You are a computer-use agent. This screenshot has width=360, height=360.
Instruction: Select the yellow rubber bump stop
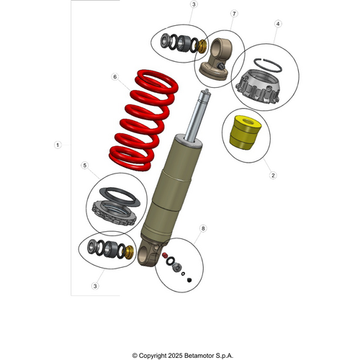click(x=243, y=134)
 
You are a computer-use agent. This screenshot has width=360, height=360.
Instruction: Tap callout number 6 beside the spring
click(x=114, y=76)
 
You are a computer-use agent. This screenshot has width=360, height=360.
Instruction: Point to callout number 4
click(x=277, y=24)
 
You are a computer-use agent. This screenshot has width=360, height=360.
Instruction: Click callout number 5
click(x=85, y=166)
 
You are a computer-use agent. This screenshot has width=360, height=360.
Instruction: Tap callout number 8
click(x=203, y=228)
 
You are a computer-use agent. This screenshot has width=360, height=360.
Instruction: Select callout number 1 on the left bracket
click(x=58, y=145)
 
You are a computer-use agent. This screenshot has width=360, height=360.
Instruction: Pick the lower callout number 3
click(x=94, y=286)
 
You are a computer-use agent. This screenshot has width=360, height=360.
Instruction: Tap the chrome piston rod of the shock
click(x=199, y=119)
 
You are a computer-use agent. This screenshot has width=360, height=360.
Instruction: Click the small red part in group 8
click(x=165, y=255)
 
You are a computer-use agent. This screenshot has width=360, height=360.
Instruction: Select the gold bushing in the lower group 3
click(x=130, y=253)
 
